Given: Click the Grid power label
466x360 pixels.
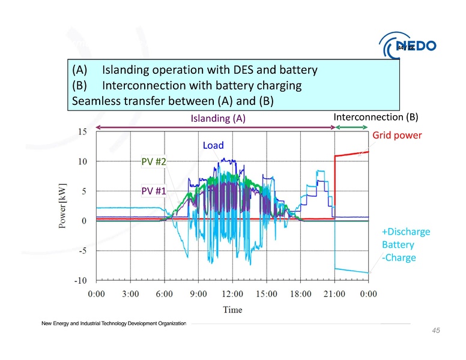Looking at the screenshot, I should point(397,136).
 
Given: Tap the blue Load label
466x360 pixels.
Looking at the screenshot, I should point(213,145).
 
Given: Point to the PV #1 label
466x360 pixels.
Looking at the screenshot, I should point(153,191).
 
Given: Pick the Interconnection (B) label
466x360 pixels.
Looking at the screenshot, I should point(375,116).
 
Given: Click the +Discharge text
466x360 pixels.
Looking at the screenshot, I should point(406,232).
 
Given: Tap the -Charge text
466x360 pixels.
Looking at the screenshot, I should point(399,258).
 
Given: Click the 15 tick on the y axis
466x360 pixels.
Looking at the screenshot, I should point(80,131).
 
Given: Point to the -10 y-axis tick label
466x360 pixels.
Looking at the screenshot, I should point(77,280).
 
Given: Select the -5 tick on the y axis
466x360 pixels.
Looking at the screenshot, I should point(80,251).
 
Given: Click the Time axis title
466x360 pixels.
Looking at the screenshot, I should point(233,310).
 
